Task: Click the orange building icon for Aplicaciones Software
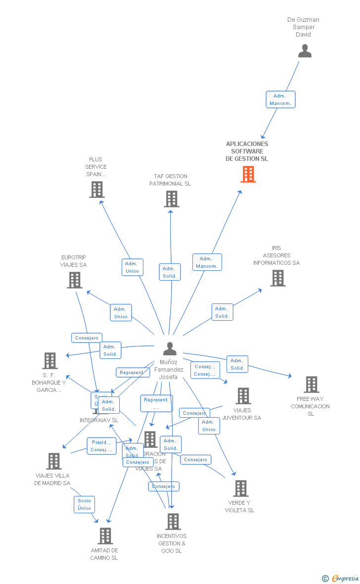(248, 174)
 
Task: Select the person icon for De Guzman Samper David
(305, 51)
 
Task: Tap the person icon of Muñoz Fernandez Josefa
(170, 349)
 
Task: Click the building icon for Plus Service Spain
(97, 190)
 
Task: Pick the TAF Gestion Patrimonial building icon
(171, 199)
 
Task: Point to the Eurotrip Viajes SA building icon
(74, 280)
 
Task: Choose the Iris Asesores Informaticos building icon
(277, 278)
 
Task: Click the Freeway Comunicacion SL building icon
(311, 385)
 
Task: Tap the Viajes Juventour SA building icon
(243, 396)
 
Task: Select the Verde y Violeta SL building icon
(240, 488)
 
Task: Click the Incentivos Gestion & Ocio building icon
(173, 522)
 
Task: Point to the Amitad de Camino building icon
(105, 536)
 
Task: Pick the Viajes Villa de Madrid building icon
(53, 461)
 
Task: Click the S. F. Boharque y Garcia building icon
(50, 361)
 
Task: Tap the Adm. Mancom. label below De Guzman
(280, 99)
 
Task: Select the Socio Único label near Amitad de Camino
(84, 504)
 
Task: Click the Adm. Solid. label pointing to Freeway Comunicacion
(237, 364)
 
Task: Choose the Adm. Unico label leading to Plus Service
(132, 267)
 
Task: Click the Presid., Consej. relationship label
(101, 446)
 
